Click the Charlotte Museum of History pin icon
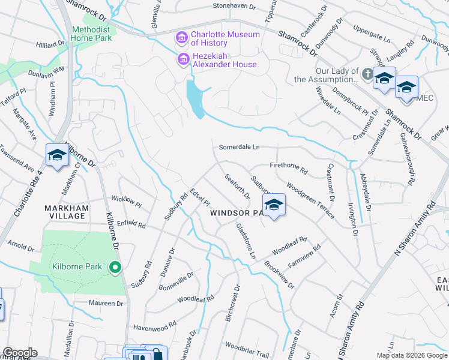tap(181, 38)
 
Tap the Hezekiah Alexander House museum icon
tap(181, 60)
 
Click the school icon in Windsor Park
tap(273, 205)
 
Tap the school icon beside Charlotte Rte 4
tap(57, 156)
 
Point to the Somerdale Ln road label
tap(239, 147)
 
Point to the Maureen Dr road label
tap(106, 304)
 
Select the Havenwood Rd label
tap(155, 324)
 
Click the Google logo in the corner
tap(20, 353)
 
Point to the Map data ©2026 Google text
tap(411, 355)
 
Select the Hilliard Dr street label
tap(50, 44)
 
